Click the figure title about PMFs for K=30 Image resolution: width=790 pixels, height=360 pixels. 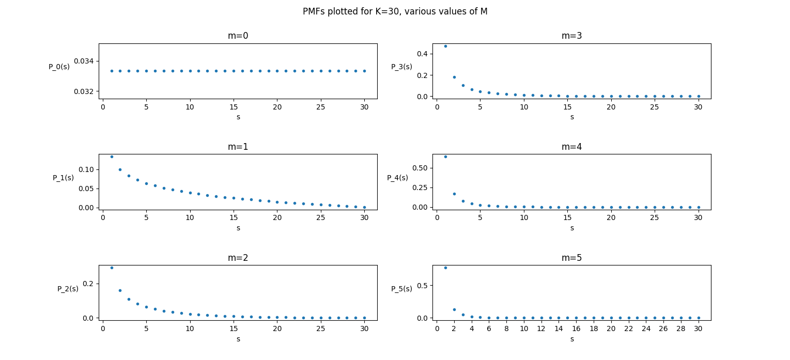pos(395,11)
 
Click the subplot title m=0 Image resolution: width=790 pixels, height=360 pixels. pos(238,36)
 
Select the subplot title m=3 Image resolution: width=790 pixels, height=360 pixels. pos(571,36)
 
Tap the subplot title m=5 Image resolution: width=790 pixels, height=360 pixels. pos(571,258)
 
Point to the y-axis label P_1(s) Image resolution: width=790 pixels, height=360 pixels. pos(63,178)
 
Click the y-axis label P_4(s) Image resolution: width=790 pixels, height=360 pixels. pos(397,178)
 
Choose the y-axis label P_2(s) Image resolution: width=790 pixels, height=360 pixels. pos(68,289)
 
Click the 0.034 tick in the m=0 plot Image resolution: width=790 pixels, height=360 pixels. pos(84,61)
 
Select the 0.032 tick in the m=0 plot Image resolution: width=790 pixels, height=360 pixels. pos(84,91)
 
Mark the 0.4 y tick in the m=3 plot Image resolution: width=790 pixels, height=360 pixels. pos(422,54)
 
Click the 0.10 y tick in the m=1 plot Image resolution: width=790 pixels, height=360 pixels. pos(86,169)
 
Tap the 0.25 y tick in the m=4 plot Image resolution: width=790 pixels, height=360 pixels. pos(420,187)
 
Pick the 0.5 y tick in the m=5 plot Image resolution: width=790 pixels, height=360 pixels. pos(422,286)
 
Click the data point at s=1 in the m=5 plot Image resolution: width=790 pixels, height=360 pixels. pos(445,268)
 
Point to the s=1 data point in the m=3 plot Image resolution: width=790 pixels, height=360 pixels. pos(445,46)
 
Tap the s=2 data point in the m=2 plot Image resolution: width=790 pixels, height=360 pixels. pos(120,290)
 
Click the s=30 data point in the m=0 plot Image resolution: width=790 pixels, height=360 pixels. pos(364,71)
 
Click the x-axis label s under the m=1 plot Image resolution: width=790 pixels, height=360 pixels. pos(238,228)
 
